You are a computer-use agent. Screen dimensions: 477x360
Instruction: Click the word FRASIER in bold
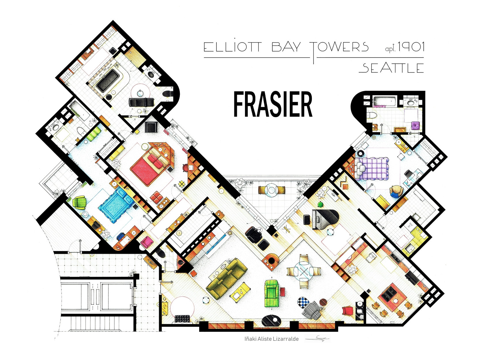pyautogui.click(x=273, y=105)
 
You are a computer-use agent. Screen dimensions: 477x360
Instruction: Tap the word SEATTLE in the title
pyautogui.click(x=391, y=68)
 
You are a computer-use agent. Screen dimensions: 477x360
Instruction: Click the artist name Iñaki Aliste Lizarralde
pyautogui.click(x=272, y=339)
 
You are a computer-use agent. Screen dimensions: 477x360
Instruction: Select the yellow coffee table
pyautogui.click(x=240, y=291)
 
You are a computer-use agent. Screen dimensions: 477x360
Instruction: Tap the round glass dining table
pyautogui.click(x=303, y=272)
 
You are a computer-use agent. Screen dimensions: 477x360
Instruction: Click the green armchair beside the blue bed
pyautogui.click(x=79, y=202)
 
